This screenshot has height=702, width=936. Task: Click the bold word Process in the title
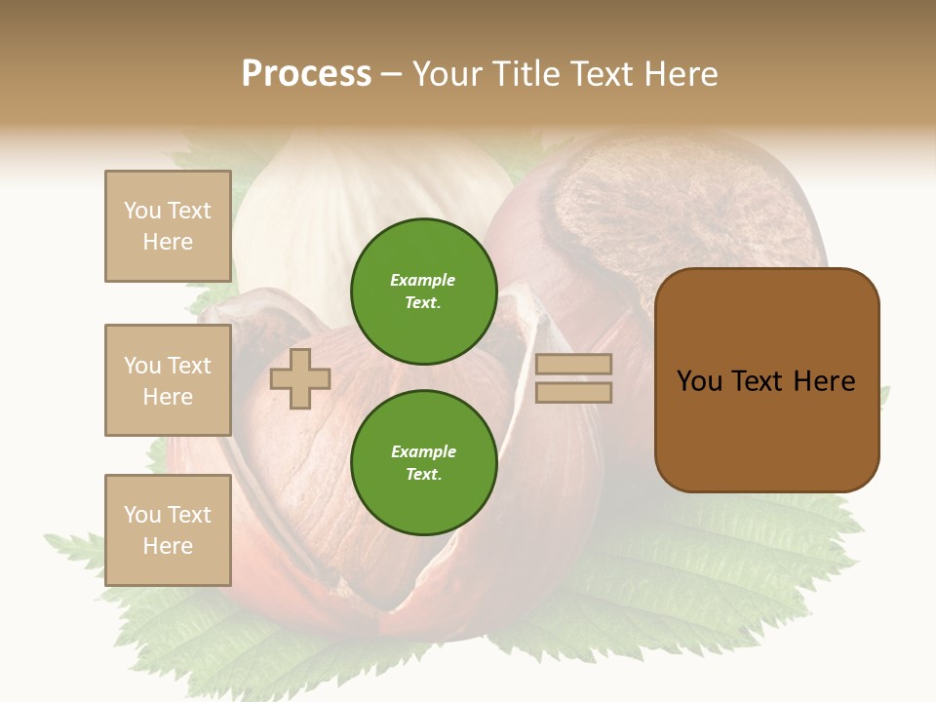[x=306, y=74]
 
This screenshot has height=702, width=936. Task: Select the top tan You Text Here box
[x=168, y=226]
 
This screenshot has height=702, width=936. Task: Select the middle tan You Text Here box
[x=168, y=380]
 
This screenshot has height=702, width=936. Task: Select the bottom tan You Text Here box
[x=168, y=530]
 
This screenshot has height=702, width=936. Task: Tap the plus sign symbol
[x=300, y=378]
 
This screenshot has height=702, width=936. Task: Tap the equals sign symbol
[x=573, y=378]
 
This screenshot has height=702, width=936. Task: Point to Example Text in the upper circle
[x=423, y=292]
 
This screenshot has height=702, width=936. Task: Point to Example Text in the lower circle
[x=423, y=463]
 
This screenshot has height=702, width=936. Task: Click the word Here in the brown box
[x=824, y=381]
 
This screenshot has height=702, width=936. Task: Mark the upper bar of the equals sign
[x=573, y=365]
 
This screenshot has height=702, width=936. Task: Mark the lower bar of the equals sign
[x=573, y=392]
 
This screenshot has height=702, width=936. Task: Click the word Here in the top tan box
[x=168, y=242]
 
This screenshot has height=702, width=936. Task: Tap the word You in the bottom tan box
[x=142, y=515]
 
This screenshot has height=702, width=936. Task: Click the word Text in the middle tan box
[x=189, y=366]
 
